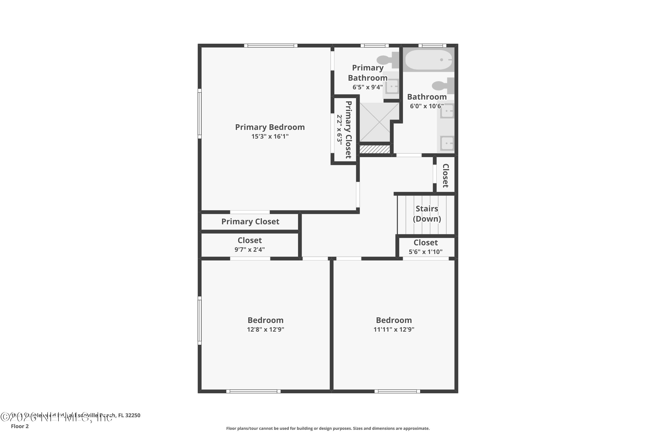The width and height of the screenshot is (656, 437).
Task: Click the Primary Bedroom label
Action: (x=270, y=127)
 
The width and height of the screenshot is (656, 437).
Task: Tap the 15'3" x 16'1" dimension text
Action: (x=270, y=136)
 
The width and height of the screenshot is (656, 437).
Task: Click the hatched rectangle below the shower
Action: (x=375, y=149)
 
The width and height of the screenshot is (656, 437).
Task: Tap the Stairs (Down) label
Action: (x=427, y=213)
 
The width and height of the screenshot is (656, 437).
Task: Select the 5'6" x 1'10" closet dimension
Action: (x=425, y=252)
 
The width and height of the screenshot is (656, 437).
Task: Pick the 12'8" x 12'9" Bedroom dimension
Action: (x=265, y=329)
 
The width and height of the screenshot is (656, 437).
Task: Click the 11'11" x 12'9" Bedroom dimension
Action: (x=394, y=329)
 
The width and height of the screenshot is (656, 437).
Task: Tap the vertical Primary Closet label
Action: (x=348, y=130)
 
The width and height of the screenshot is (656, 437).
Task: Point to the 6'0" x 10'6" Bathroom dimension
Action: (x=426, y=106)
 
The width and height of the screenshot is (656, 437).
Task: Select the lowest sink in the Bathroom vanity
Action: (x=447, y=144)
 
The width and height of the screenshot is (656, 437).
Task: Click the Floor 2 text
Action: (x=20, y=426)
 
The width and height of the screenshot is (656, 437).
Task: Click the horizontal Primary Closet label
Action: (x=250, y=222)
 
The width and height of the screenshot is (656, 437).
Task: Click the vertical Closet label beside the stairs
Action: (x=445, y=176)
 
